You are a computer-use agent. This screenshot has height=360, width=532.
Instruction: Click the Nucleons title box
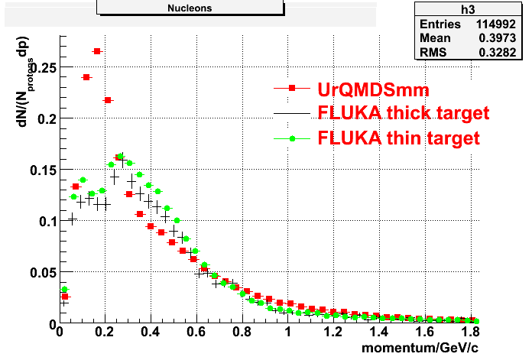click(x=190, y=8)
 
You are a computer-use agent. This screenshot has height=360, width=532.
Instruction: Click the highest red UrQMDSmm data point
click(x=97, y=51)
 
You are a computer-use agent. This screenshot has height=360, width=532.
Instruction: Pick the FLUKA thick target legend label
click(x=403, y=113)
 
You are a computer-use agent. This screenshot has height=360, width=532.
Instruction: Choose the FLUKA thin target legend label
click(x=398, y=138)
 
